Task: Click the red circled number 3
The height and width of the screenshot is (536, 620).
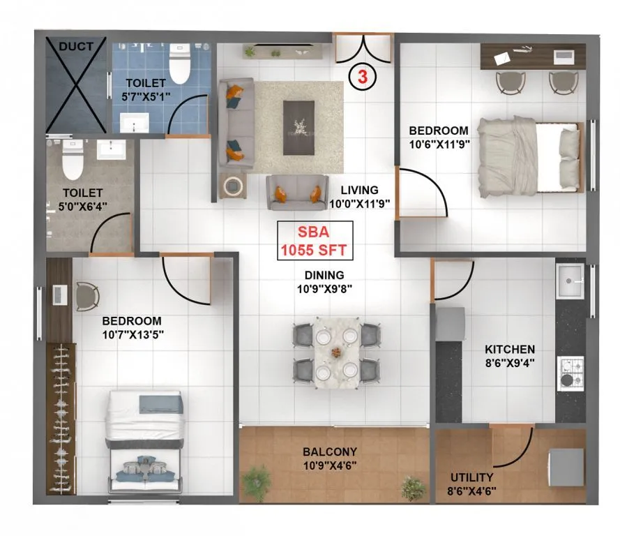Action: pos(363,76)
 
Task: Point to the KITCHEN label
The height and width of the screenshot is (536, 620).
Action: pos(510,349)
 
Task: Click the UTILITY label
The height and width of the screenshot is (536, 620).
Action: pos(471,477)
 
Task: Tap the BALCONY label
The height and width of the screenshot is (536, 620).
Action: pos(330,452)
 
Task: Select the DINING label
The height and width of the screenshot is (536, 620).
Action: pos(323,275)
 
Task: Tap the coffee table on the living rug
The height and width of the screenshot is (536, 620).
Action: pos(299,127)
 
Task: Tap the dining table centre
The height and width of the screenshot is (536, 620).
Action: pos(335,352)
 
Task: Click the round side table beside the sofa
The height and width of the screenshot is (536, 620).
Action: pos(234,186)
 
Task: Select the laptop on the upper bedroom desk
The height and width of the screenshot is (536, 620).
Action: pos(504,59)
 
